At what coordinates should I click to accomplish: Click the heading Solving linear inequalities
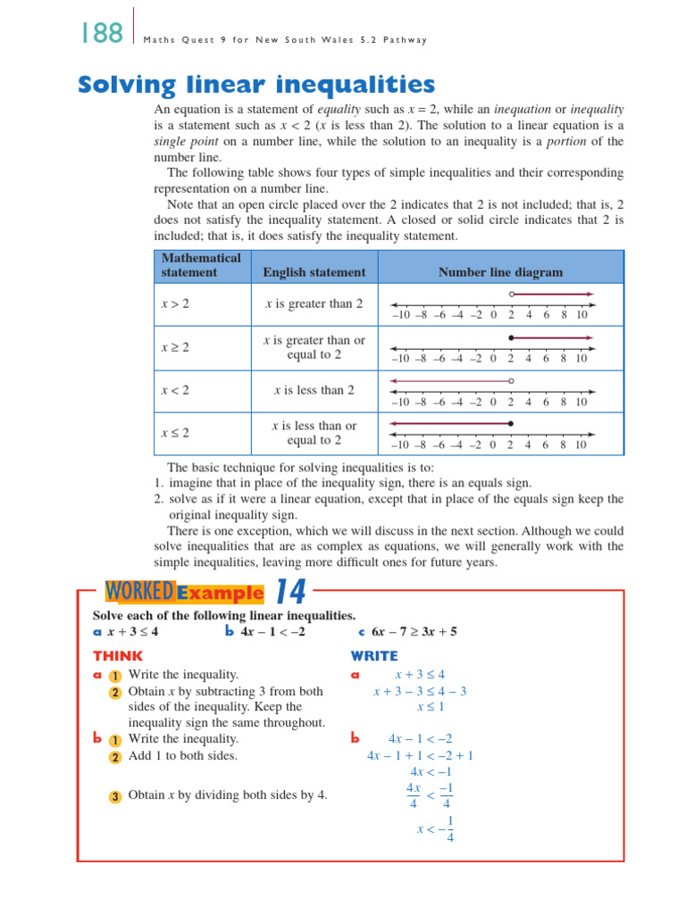tap(257, 86)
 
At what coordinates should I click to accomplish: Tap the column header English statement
tap(314, 272)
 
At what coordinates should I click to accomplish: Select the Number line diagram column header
tap(500, 272)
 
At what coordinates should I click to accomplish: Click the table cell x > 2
tap(175, 304)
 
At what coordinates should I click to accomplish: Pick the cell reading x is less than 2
tap(314, 390)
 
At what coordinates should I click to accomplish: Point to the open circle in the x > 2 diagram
tap(510, 294)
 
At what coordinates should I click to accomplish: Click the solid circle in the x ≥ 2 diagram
tap(510, 337)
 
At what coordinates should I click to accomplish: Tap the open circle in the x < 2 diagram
tap(510, 380)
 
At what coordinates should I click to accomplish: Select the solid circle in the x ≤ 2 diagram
tap(510, 423)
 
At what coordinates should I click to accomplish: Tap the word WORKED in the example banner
tap(138, 592)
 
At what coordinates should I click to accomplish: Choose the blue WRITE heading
tap(374, 656)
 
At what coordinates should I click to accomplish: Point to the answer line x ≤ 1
tap(431, 707)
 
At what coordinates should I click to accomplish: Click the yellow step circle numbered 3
tap(116, 796)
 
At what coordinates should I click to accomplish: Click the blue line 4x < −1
tap(431, 772)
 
